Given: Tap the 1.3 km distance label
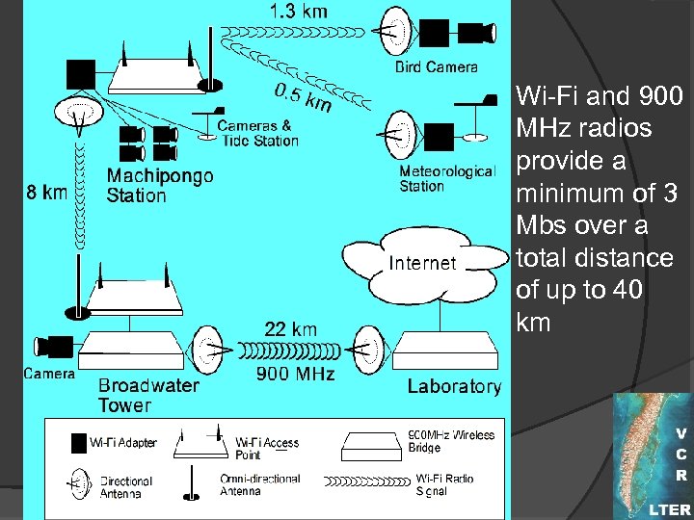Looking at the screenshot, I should (298, 12).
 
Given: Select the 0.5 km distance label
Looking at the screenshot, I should (302, 97).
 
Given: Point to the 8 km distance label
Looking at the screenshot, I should (46, 192).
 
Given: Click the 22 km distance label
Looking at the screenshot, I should (290, 329).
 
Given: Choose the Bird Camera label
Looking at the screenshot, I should (437, 67).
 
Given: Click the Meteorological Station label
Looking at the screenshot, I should (446, 179).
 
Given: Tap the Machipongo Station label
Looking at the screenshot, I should (160, 186).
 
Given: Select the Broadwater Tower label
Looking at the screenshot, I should (148, 395).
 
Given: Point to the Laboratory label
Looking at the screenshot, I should (454, 387).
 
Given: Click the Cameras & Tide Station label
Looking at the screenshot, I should (258, 133).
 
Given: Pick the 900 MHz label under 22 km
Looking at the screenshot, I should (295, 374).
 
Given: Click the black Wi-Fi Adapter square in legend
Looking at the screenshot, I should (79, 443).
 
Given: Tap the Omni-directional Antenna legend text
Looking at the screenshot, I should (260, 485).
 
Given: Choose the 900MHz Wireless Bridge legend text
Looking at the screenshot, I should (452, 441).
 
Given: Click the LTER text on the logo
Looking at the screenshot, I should (668, 509).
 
